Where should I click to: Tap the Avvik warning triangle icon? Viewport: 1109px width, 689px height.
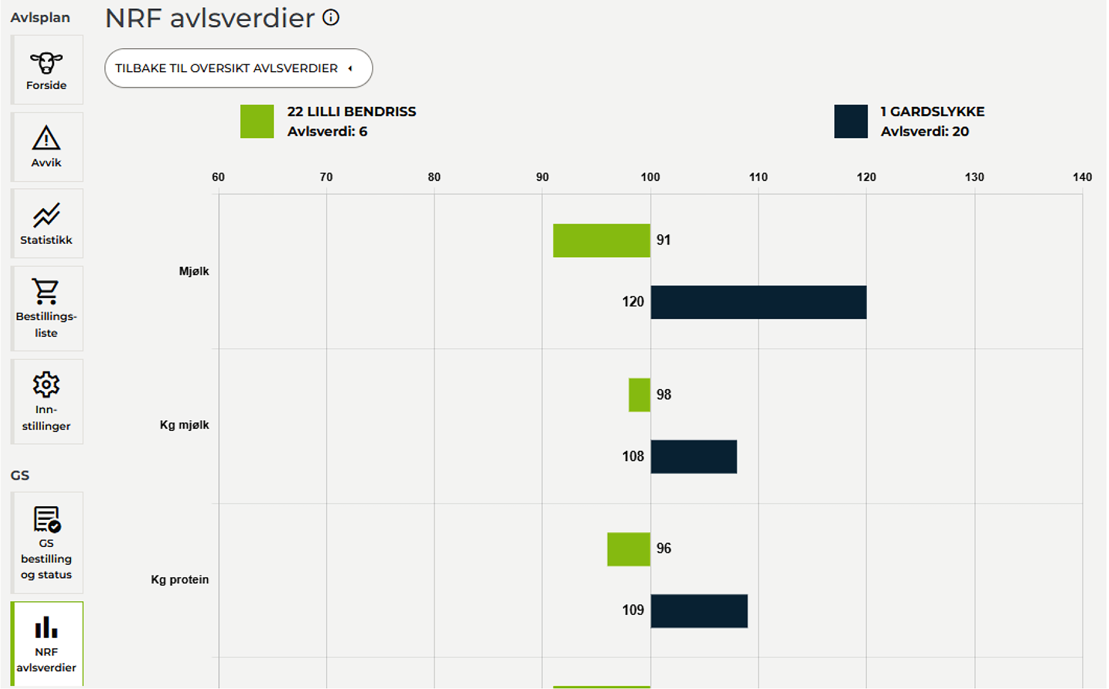(x=46, y=138)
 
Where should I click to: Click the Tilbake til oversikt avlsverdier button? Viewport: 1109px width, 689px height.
(x=238, y=68)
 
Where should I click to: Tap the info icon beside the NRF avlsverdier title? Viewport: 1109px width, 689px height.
(x=331, y=18)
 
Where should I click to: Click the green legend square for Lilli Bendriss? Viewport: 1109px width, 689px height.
(x=257, y=121)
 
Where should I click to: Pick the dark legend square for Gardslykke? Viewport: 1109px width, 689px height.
(x=851, y=121)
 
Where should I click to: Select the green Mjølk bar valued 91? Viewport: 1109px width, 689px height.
(x=601, y=241)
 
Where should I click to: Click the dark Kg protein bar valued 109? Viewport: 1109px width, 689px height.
(x=699, y=611)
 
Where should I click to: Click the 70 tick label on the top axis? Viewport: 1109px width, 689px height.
(x=326, y=177)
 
